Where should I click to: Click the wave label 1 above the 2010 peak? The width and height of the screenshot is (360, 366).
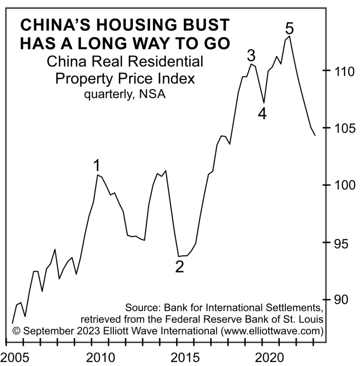click(97, 166)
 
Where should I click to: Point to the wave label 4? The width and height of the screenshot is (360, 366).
click(262, 114)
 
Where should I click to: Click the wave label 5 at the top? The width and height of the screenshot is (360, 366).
click(289, 29)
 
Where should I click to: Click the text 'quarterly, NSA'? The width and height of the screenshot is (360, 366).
click(125, 94)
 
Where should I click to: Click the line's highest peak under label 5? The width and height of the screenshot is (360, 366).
click(289, 36)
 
